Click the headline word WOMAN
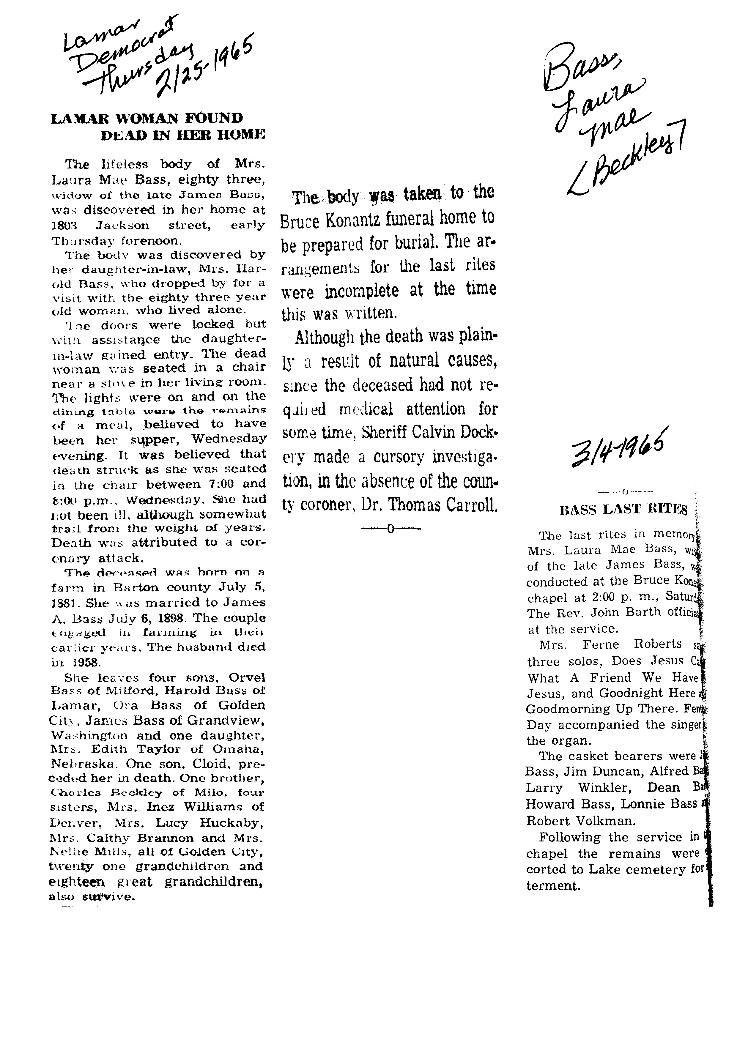[x=143, y=119]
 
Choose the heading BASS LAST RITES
[x=624, y=510]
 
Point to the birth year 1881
[x=63, y=603]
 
